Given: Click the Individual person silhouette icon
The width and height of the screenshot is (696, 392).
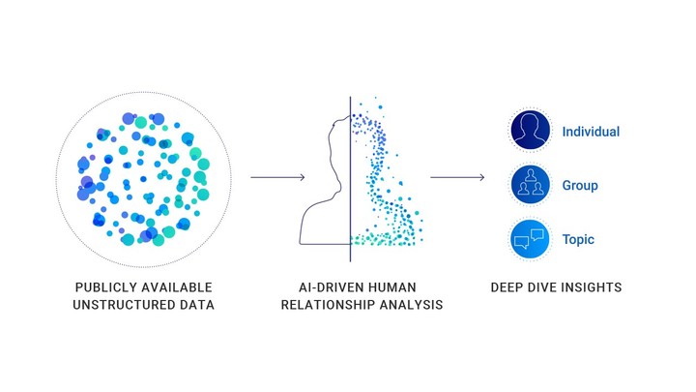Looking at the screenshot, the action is [530, 131].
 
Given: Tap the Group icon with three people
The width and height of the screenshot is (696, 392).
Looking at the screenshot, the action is [530, 185].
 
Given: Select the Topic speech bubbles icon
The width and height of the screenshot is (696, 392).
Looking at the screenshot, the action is [530, 239].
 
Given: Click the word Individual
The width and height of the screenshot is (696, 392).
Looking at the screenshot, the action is [591, 132].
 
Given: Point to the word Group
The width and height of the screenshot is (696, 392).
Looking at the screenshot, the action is [580, 185].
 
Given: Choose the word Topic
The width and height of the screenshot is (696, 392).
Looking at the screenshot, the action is [578, 240].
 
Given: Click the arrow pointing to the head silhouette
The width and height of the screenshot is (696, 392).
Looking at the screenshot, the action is [277, 177].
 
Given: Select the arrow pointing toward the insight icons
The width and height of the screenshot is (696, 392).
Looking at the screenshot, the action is [457, 177].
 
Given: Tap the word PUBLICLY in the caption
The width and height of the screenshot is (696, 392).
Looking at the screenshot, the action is [101, 287].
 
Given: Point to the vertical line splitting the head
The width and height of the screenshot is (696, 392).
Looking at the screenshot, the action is [350, 179].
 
